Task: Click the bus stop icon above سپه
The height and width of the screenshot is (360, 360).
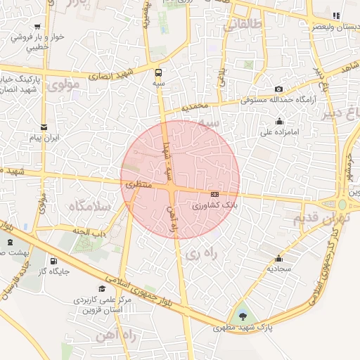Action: pos(157,72)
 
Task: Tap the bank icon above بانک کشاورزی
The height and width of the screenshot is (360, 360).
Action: pos(214,194)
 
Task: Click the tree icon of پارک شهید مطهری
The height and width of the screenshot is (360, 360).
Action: pos(243,314)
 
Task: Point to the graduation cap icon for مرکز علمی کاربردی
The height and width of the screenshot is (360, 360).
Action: pos(102,288)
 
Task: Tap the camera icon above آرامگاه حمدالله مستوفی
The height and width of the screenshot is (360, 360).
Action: pos(279,89)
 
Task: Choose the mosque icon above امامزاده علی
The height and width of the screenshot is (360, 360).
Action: pos(280,121)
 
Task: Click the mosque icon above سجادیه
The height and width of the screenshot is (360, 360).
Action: pos(279,258)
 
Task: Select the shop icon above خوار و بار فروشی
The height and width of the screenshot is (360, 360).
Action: pos(37,26)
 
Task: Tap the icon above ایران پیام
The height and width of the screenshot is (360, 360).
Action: pos(44,127)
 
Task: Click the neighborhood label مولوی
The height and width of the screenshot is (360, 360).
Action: pos(66,84)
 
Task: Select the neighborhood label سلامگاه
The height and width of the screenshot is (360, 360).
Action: pos(89,207)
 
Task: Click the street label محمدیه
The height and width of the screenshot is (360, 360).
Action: pos(196,108)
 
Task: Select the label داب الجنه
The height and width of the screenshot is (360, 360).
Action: pos(89,230)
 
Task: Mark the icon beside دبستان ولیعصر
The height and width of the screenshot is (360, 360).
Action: pos(336,15)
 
